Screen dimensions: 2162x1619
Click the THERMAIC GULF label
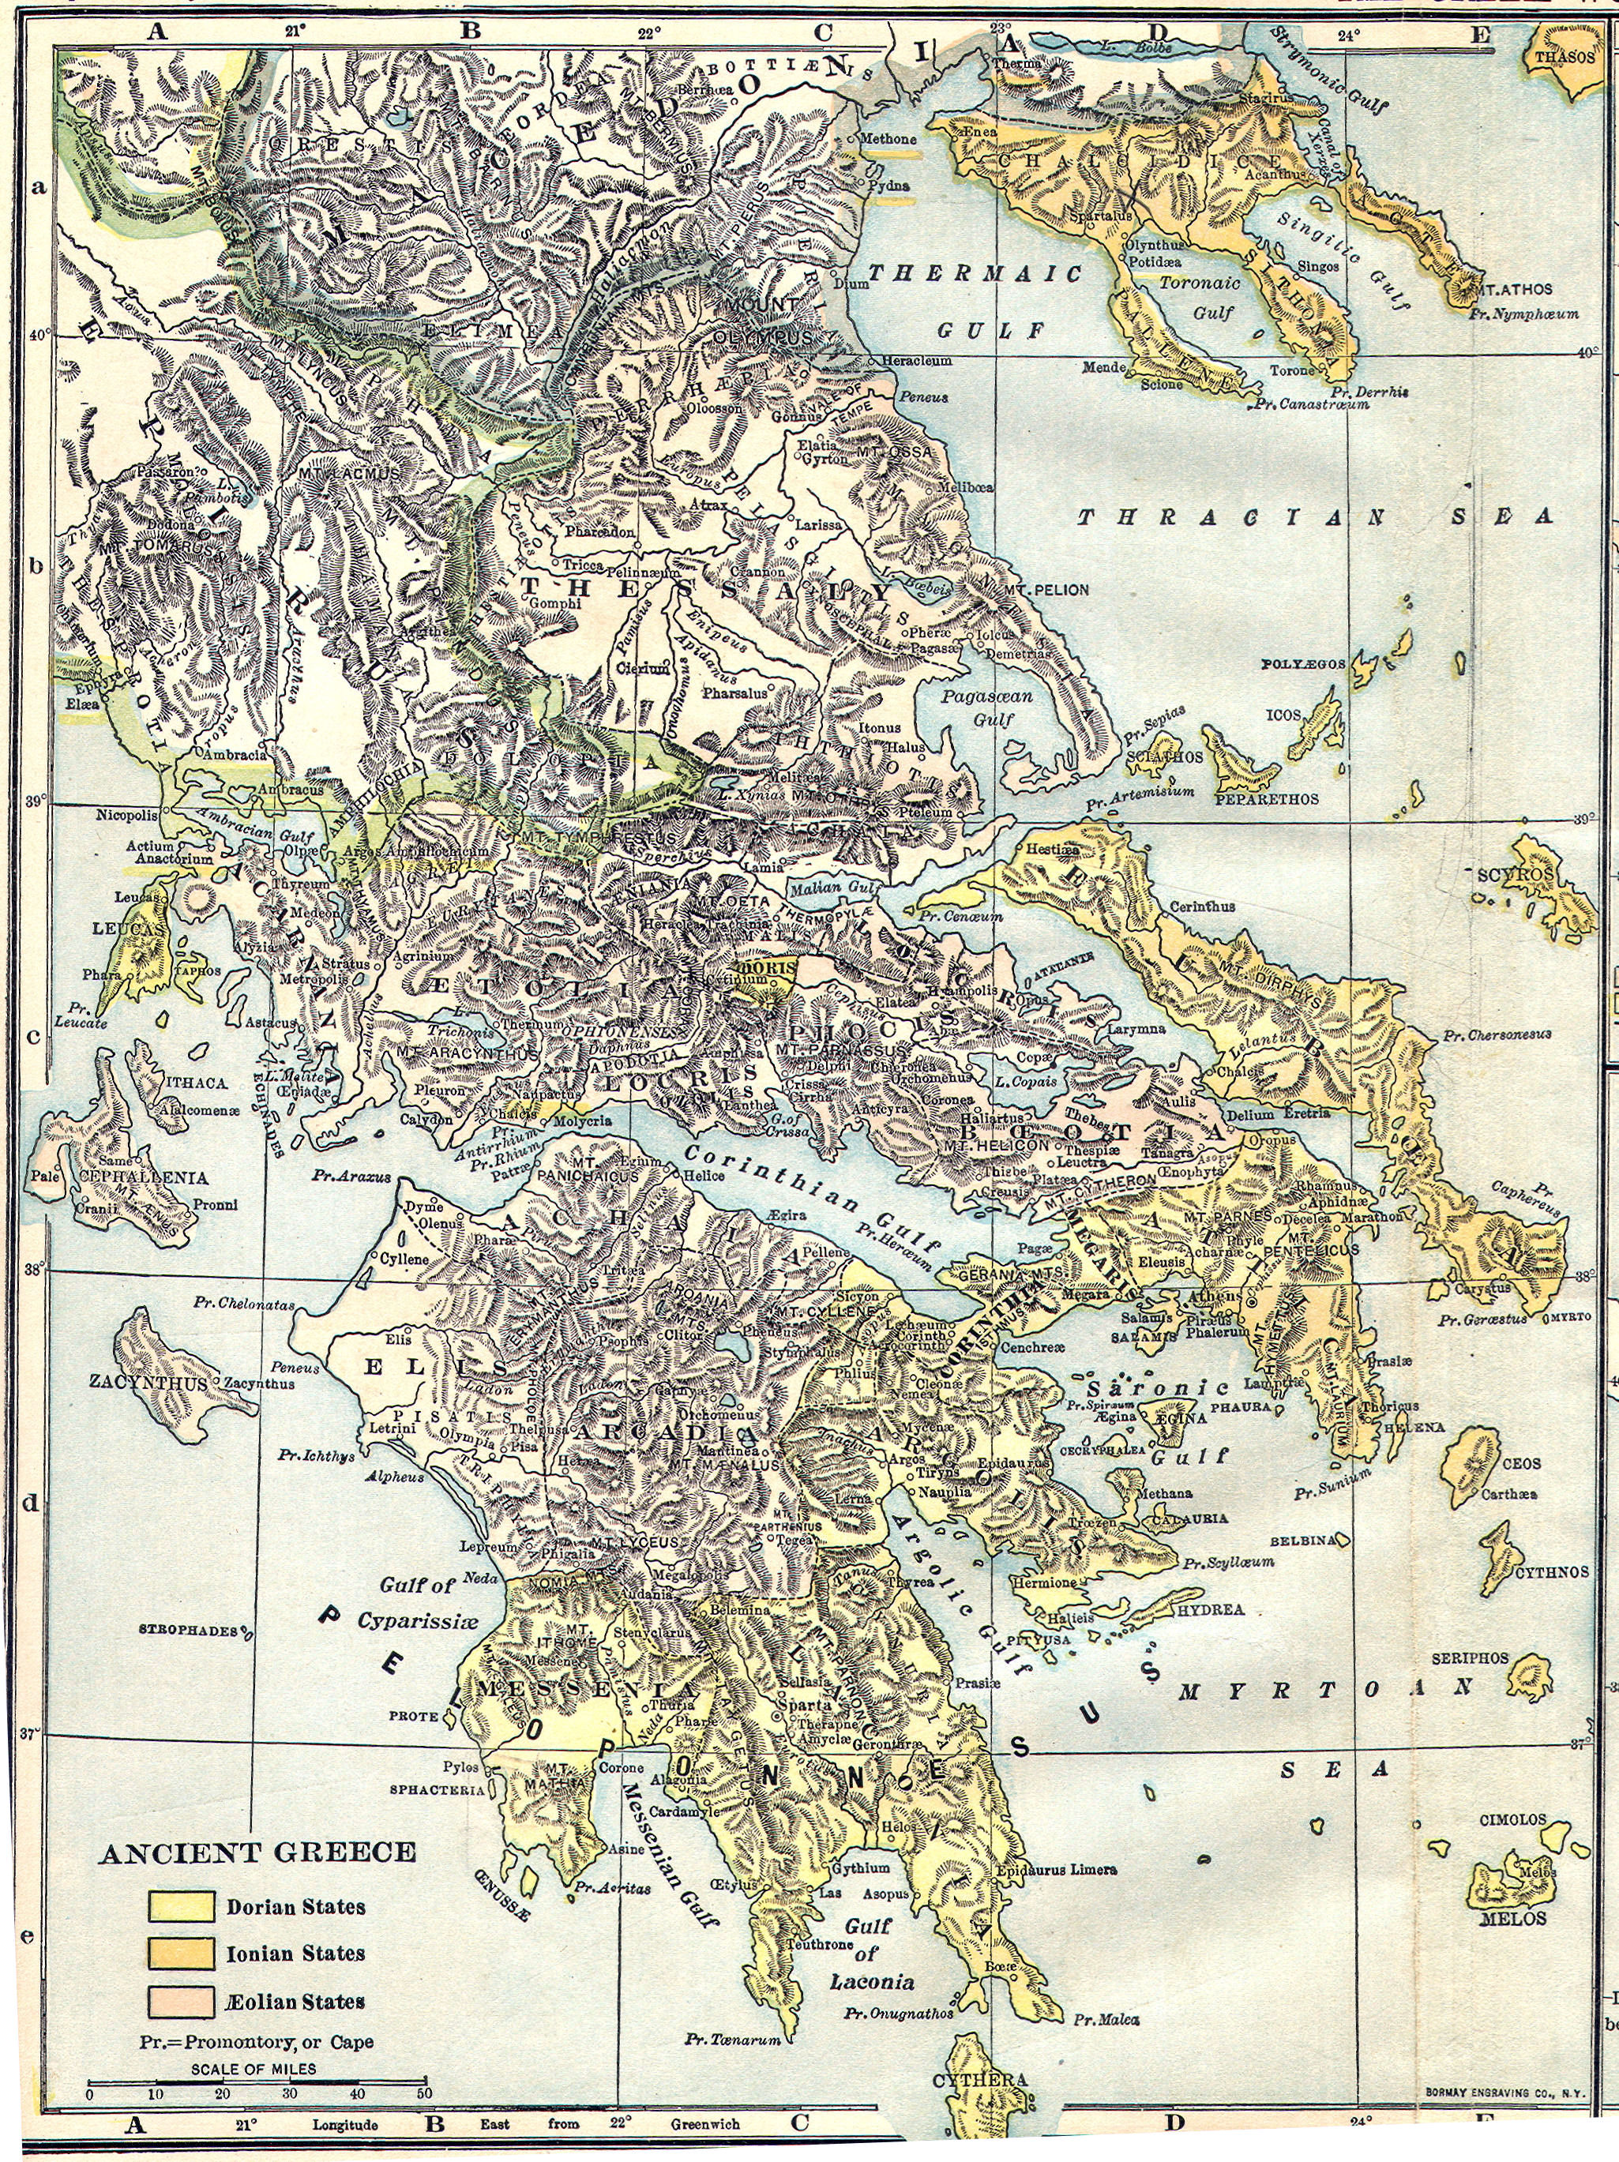click(975, 301)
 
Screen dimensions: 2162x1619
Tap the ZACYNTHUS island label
click(161, 1384)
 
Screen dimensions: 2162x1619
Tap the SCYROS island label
click(1516, 873)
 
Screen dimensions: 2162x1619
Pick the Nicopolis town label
click(126, 814)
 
